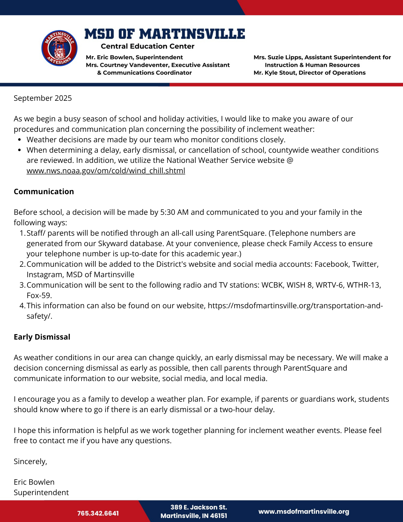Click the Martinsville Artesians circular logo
[59, 48]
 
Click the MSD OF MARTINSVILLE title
[165, 34]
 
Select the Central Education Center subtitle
[147, 46]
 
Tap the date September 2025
[43, 98]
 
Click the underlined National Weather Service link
[106, 171]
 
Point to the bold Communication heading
[44, 192]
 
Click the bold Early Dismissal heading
[42, 337]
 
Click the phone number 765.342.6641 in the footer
[98, 513]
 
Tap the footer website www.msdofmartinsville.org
[304, 512]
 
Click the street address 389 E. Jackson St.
[199, 507]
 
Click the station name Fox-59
[39, 295]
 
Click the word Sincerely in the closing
[30, 461]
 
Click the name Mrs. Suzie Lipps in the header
[278, 57]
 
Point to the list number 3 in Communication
[22, 285]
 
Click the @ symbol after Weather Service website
[290, 160]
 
